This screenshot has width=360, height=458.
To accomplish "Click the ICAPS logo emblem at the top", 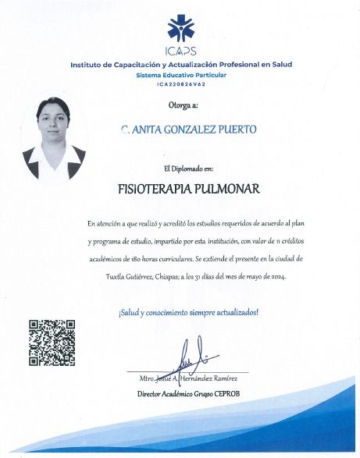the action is point(180,29).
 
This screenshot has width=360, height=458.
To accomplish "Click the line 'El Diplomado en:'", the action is point(183,168).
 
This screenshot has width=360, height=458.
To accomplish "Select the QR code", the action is point(52,343).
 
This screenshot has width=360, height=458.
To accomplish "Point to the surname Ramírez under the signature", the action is point(231,378).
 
